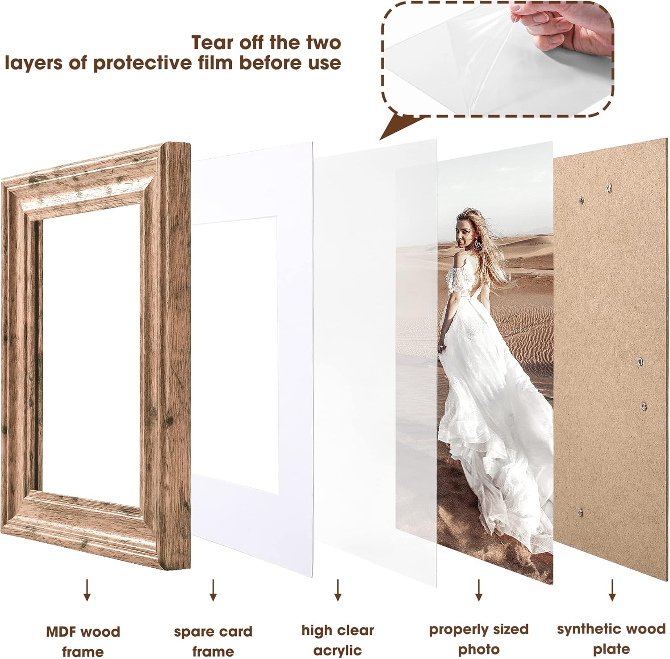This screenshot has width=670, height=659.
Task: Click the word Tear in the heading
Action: pos(213,42)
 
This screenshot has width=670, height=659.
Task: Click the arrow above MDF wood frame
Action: pos(87,590)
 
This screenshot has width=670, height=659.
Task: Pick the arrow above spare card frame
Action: pos(213,590)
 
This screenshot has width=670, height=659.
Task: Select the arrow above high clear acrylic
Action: pos(338,590)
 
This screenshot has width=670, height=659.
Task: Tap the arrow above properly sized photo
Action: pos(479,590)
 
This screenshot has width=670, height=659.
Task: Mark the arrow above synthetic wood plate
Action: pos(612,590)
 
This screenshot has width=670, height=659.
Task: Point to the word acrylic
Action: pos(338,651)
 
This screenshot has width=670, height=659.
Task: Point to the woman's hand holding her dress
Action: pos(442,346)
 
